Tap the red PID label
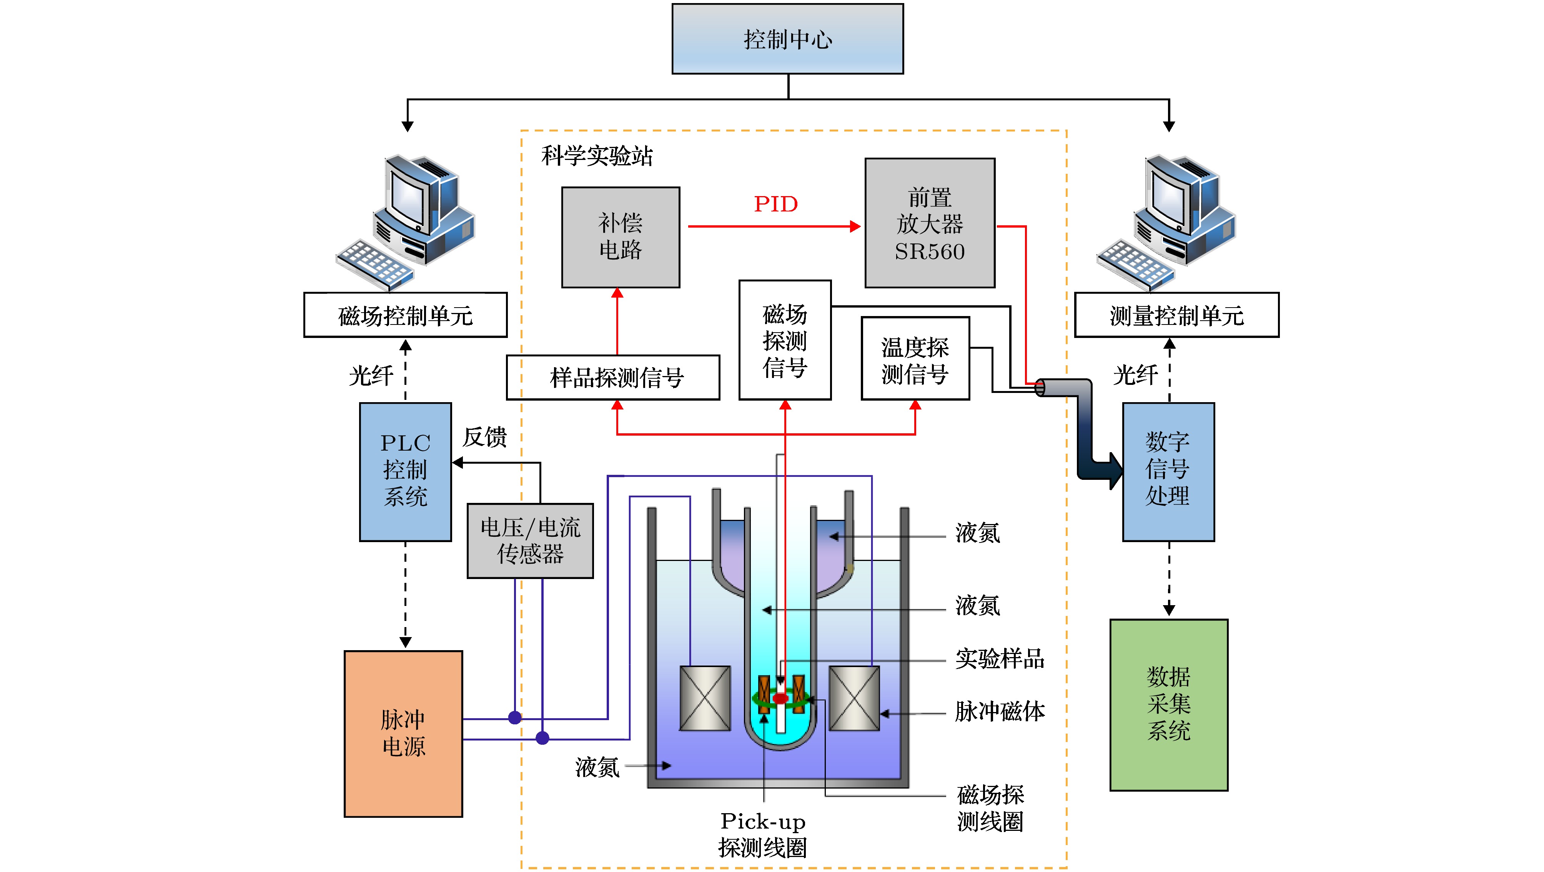[775, 205]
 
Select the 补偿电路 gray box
[621, 237]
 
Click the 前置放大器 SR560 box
[930, 223]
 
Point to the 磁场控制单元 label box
[405, 315]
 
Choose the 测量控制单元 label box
[1176, 315]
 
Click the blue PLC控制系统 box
[405, 472]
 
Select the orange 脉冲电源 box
[403, 734]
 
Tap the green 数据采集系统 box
[1168, 705]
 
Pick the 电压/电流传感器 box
[530, 541]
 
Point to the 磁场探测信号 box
[785, 340]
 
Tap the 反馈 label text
[484, 437]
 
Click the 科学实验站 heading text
[596, 156]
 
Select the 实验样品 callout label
[1000, 659]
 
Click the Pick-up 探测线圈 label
[762, 834]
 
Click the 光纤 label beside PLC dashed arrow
[371, 376]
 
